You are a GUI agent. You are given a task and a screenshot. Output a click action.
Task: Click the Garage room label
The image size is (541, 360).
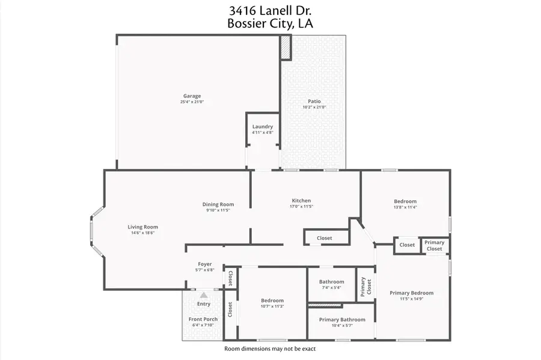[192, 96]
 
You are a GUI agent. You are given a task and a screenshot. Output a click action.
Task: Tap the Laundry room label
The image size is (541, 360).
[263, 127]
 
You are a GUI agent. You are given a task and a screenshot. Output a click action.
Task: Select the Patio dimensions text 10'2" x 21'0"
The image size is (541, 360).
[314, 108]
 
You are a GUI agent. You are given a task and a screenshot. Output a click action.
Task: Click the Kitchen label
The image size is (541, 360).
[301, 201]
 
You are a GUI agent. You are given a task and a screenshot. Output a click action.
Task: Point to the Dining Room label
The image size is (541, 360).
[218, 204]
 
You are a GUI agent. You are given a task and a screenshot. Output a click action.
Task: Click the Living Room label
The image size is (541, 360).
[142, 227]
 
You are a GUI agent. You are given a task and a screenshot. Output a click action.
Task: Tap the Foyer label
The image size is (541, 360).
[205, 264]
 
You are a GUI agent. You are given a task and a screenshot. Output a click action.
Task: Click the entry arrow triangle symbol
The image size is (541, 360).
[204, 295]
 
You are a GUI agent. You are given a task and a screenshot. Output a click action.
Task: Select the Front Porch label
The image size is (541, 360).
[203, 319]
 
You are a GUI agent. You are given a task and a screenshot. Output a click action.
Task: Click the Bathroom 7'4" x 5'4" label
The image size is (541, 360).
[331, 282]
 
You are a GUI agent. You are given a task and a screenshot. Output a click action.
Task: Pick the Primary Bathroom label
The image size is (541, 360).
[341, 320]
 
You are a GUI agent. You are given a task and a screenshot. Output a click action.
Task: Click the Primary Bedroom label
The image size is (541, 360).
[411, 293]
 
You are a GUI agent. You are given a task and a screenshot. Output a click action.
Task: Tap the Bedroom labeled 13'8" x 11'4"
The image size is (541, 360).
[405, 201]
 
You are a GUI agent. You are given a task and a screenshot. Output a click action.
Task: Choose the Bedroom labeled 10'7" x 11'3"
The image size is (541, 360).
[272, 301]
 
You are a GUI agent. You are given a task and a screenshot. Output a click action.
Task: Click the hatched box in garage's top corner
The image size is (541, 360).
[285, 47]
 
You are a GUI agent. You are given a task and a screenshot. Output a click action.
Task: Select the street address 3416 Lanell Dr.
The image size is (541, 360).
[270, 10]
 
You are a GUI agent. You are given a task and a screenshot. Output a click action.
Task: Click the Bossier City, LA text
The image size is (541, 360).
[270, 24]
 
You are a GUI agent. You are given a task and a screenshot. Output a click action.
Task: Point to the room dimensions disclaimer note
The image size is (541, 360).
[270, 349]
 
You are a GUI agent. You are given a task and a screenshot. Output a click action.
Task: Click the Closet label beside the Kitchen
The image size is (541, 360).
[325, 239]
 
